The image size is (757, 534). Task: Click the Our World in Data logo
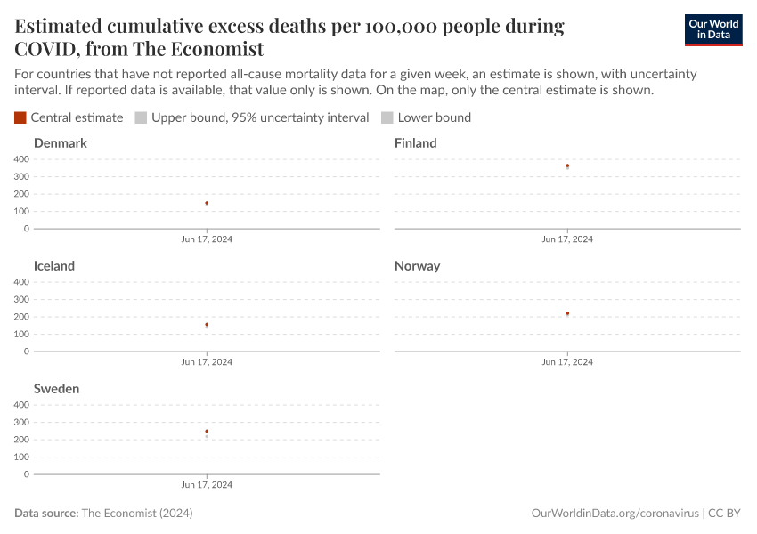[712, 30]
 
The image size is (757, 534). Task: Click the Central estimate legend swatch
[20, 117]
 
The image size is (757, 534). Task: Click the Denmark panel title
[60, 143]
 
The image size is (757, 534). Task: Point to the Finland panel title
[416, 143]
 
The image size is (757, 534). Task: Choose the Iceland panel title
[54, 266]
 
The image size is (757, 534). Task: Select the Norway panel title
[417, 266]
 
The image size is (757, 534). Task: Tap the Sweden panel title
[56, 389]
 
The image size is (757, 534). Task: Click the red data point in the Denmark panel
[207, 203]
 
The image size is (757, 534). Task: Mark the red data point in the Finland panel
[567, 166]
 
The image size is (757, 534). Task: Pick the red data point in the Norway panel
[567, 313]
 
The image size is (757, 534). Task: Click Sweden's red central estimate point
[207, 432]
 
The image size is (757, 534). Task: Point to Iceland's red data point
[207, 325]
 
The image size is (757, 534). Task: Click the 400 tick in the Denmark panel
[21, 159]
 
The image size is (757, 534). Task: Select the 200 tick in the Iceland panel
[21, 317]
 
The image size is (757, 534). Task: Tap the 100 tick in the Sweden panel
[21, 457]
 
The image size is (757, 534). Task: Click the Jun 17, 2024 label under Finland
[567, 239]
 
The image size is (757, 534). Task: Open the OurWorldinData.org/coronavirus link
[614, 514]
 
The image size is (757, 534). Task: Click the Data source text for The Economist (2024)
[103, 514]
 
